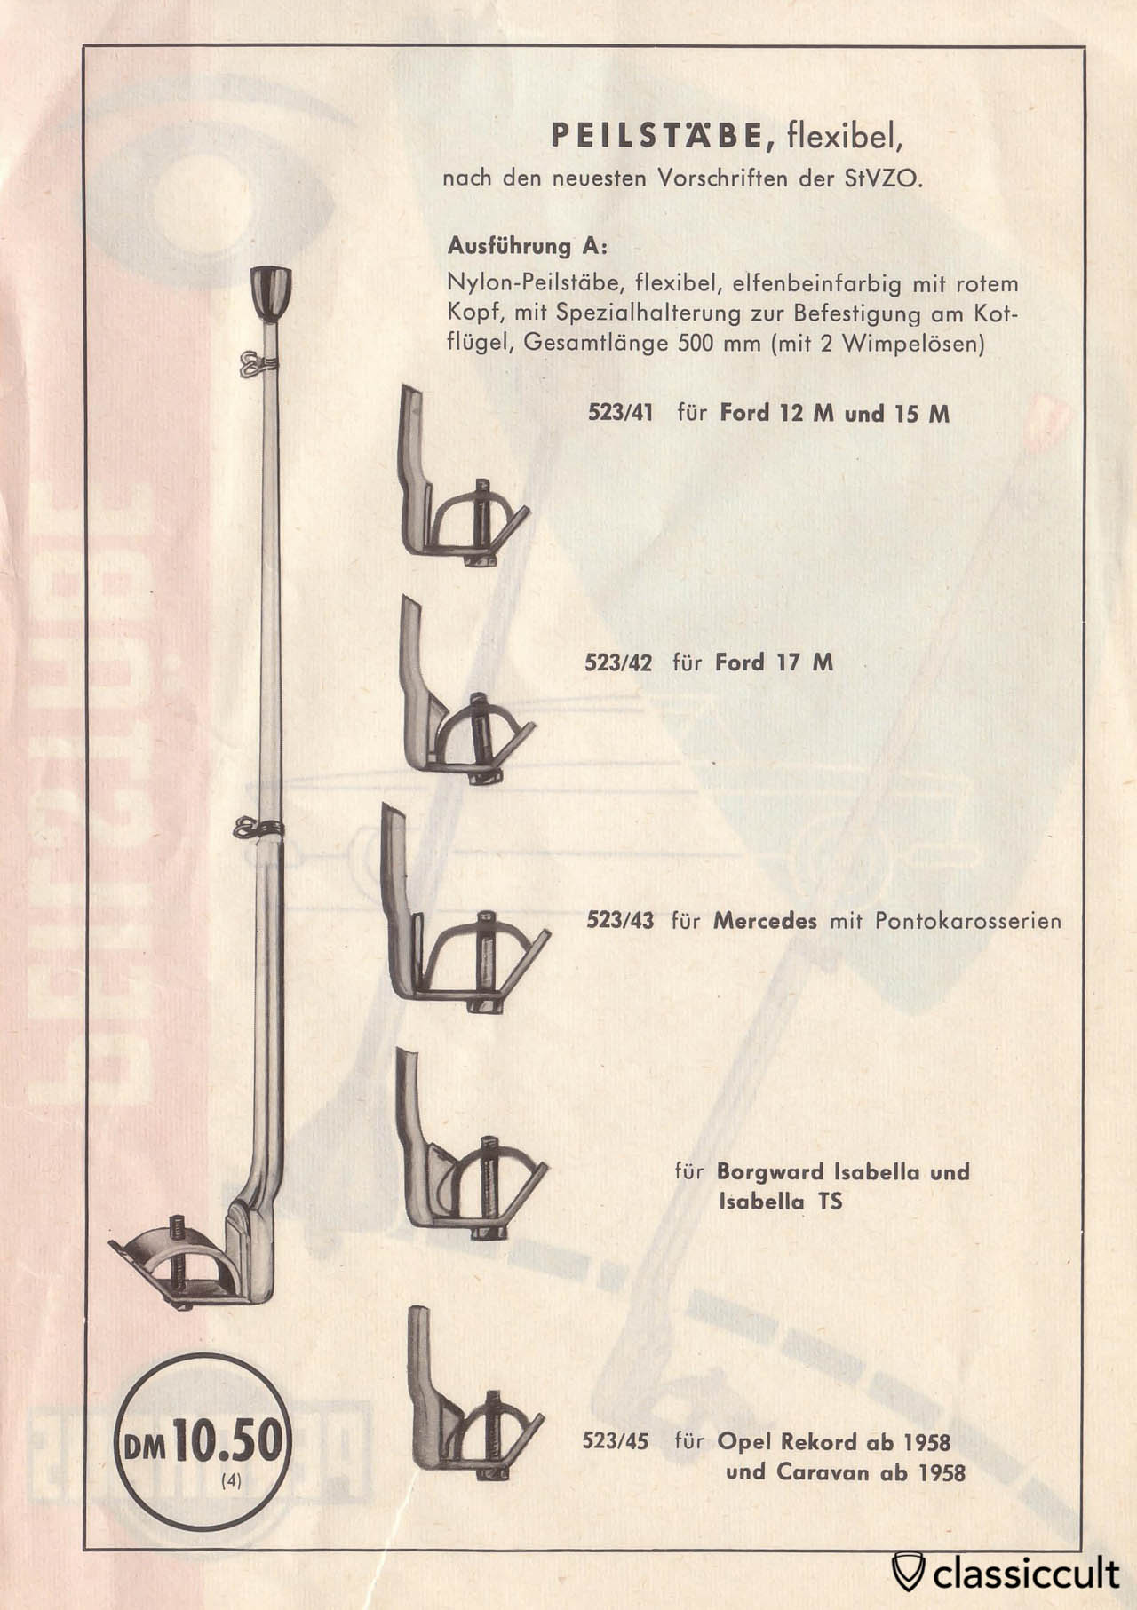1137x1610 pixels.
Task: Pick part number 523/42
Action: pyautogui.click(x=618, y=662)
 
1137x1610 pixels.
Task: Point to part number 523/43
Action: pyautogui.click(x=619, y=921)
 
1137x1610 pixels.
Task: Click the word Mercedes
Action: pyautogui.click(x=765, y=921)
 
